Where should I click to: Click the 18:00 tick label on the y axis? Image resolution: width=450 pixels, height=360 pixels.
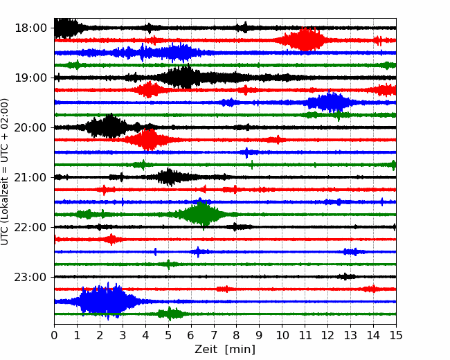tap(30, 28)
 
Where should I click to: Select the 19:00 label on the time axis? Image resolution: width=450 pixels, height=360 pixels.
tap(30, 78)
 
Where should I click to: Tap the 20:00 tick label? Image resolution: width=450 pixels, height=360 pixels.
tap(30, 127)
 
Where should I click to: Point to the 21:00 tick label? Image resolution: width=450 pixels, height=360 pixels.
tap(30, 177)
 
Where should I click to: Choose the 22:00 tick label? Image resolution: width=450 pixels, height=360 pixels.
tap(30, 227)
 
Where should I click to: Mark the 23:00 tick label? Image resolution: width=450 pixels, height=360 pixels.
tap(30, 277)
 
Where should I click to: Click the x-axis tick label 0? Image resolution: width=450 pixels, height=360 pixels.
tap(54, 335)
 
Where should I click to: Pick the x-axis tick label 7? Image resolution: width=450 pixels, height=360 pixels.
tap(214, 335)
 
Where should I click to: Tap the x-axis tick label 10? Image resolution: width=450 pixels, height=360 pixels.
tap(282, 335)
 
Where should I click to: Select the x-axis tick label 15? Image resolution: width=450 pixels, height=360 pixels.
tap(396, 335)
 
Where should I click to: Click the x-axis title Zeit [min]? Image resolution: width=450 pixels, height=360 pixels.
tap(225, 350)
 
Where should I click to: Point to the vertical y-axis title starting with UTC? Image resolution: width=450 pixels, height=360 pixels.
tap(5, 172)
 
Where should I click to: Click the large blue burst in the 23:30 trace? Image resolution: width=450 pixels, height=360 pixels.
tap(106, 301)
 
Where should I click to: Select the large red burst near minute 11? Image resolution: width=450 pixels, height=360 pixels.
tap(305, 39)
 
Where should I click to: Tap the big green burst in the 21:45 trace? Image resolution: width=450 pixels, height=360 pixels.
tap(203, 215)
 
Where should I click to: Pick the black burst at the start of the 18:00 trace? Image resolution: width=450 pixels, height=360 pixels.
tap(66, 28)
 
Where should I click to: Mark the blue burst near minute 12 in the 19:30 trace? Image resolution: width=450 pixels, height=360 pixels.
tap(330, 102)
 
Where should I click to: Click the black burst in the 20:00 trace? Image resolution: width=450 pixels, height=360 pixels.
tap(109, 127)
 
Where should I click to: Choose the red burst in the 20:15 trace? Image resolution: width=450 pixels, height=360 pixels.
tap(147, 140)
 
